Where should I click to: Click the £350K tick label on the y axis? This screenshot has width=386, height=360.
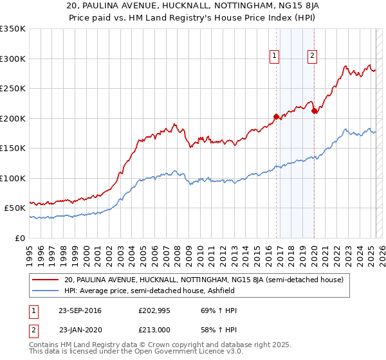12,29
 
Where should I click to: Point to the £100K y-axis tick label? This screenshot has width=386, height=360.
12,178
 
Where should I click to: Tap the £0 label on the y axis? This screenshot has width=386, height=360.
20,238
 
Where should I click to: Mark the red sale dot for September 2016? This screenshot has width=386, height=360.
276,117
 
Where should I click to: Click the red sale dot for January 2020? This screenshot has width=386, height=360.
314,111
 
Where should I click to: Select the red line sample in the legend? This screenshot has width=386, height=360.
46,280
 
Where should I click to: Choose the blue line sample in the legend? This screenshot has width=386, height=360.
46,291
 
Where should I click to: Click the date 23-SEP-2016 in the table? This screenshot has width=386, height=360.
80,310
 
